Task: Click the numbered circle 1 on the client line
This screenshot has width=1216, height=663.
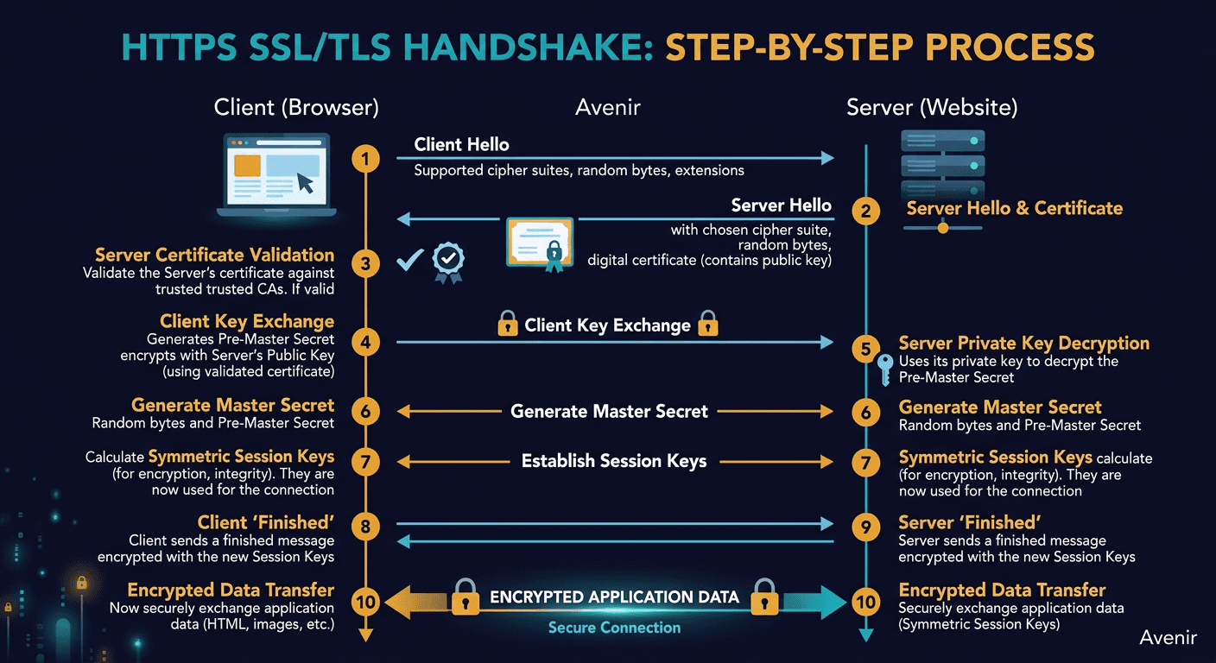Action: [x=366, y=159]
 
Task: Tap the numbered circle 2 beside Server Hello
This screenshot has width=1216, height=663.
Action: [x=865, y=211]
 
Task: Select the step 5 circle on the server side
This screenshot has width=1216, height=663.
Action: [x=865, y=349]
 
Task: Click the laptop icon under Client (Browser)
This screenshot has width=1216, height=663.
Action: [x=272, y=176]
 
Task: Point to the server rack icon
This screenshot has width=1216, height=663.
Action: [x=942, y=167]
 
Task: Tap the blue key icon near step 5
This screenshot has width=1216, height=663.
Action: [x=883, y=370]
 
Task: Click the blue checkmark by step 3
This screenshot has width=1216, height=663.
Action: [x=409, y=260]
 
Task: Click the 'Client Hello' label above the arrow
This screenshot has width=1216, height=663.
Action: [x=461, y=144]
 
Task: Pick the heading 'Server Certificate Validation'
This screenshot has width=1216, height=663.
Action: [x=214, y=255]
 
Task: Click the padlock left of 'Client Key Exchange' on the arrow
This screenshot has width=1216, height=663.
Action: [x=508, y=325]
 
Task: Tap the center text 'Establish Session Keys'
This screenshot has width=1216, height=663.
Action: [x=614, y=461]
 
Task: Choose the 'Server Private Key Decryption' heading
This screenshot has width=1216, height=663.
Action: [x=1023, y=343]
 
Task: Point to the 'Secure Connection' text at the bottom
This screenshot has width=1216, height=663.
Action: [x=614, y=628]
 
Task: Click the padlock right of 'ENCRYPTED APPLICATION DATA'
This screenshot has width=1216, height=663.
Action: [x=764, y=597]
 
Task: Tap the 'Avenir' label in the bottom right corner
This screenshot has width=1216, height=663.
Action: [x=1168, y=637]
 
